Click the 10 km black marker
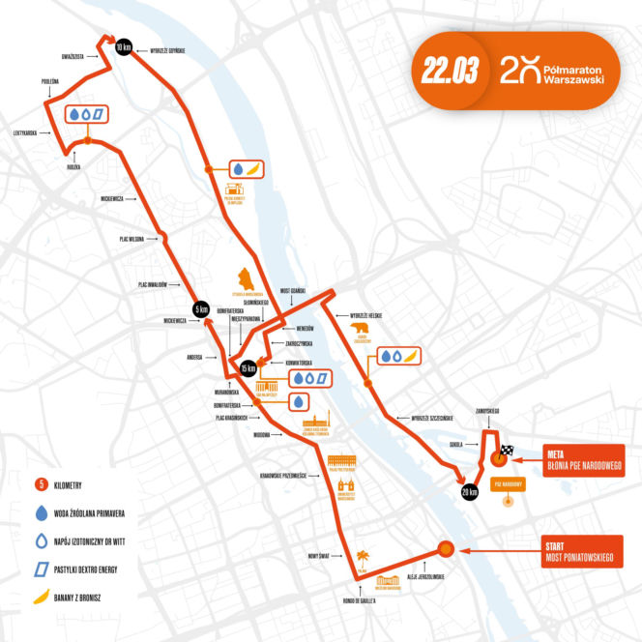123,47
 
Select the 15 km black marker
249,367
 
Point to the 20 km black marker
470,491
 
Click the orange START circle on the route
446,548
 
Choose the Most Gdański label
292,290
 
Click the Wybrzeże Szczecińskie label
431,418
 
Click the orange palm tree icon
363,556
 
